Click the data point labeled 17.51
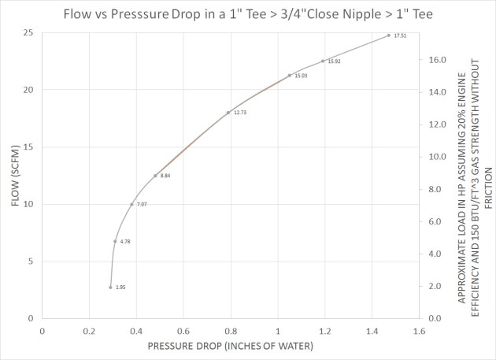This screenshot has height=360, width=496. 389,35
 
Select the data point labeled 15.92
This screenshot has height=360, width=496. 323,61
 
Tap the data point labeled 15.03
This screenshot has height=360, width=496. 290,75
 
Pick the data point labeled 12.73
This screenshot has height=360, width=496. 228,113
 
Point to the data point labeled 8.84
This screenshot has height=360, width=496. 155,175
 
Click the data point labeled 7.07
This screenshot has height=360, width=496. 131,204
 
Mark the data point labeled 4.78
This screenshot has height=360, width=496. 115,241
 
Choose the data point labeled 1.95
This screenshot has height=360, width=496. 110,287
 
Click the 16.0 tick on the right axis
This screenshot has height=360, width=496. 438,60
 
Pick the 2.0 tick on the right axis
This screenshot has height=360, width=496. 435,286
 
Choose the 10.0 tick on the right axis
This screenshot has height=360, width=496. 438,157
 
